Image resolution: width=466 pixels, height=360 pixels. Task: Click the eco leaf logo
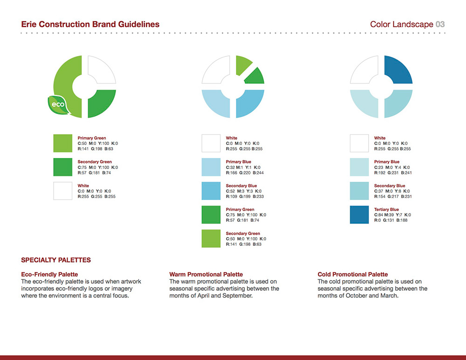59,105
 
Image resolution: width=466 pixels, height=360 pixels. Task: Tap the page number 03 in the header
440,24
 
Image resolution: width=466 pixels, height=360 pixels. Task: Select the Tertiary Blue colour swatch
359,215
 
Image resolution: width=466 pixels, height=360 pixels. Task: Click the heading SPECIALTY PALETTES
56,260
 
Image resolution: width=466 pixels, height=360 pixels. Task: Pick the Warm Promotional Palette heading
206,274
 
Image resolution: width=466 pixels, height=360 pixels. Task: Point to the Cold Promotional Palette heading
353,274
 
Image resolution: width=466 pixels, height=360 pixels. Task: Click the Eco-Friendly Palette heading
49,274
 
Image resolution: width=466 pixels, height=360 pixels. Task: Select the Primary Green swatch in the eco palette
63,143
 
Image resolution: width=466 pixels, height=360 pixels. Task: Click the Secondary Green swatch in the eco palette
63,167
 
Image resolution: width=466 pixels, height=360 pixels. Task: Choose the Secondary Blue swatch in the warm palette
211,190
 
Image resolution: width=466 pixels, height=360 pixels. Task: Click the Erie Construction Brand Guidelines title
90,24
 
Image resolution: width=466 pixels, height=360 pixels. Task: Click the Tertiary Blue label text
386,210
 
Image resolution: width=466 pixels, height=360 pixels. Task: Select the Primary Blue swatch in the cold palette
359,167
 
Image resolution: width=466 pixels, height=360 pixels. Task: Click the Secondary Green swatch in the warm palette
211,238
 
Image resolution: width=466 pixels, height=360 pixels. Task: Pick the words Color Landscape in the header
402,24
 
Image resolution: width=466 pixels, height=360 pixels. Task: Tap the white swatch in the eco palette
63,190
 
